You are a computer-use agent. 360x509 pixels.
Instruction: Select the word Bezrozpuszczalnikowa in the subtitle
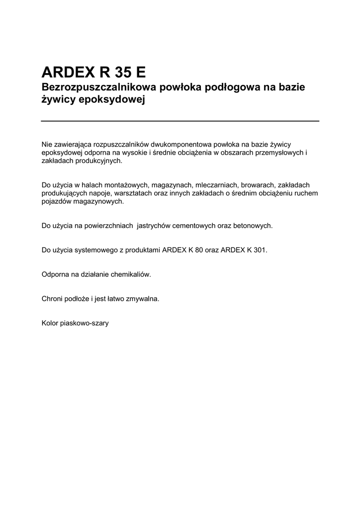pos(96,87)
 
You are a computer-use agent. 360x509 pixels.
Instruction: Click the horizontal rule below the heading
pos(180,121)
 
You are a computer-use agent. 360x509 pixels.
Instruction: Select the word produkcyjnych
pos(97,161)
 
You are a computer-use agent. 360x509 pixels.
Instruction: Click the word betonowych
pos(253,225)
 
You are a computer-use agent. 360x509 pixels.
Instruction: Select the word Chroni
pos(52,299)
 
